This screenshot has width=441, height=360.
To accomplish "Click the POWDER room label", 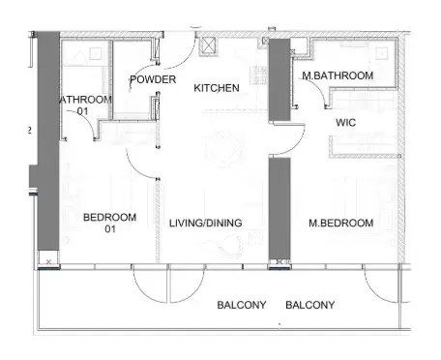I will (x=153, y=79).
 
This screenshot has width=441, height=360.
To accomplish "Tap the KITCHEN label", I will (x=217, y=88).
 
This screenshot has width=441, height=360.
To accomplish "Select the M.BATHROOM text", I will (x=338, y=75).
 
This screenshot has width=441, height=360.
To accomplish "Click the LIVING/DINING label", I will (x=205, y=224).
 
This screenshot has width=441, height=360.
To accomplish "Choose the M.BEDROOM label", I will (x=340, y=224).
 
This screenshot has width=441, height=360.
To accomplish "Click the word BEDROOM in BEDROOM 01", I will (x=109, y=217).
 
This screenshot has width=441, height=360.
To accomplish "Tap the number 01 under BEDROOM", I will (x=109, y=230).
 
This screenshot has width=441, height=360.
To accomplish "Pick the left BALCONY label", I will (x=241, y=305).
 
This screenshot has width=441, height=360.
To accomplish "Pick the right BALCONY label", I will (x=310, y=305).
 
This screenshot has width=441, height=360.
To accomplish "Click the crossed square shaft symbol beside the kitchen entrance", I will (x=205, y=45).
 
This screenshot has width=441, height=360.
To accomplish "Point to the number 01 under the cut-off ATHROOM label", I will (x=83, y=111).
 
